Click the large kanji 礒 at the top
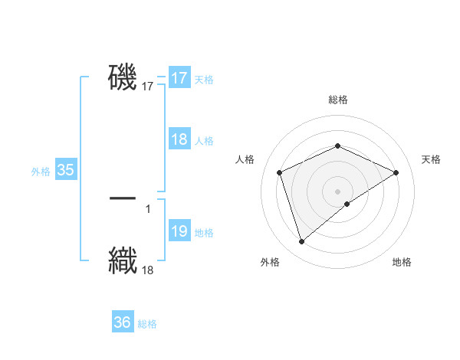(x=123, y=77)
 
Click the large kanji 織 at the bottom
(x=123, y=259)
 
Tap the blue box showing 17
(x=179, y=78)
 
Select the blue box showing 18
(x=179, y=139)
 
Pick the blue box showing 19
(x=179, y=231)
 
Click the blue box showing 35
(x=66, y=170)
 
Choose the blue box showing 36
(x=123, y=322)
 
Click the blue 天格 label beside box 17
(x=204, y=79)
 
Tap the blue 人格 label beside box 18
(x=204, y=140)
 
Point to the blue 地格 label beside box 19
(x=204, y=232)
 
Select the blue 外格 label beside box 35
(x=41, y=172)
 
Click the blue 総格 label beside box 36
(x=147, y=324)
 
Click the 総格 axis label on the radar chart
(x=338, y=100)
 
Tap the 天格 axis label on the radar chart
(x=432, y=159)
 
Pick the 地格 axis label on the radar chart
(x=402, y=262)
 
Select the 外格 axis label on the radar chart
(x=270, y=262)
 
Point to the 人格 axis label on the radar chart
(x=245, y=159)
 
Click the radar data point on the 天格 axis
(x=396, y=172)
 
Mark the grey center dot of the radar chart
(x=338, y=191)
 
